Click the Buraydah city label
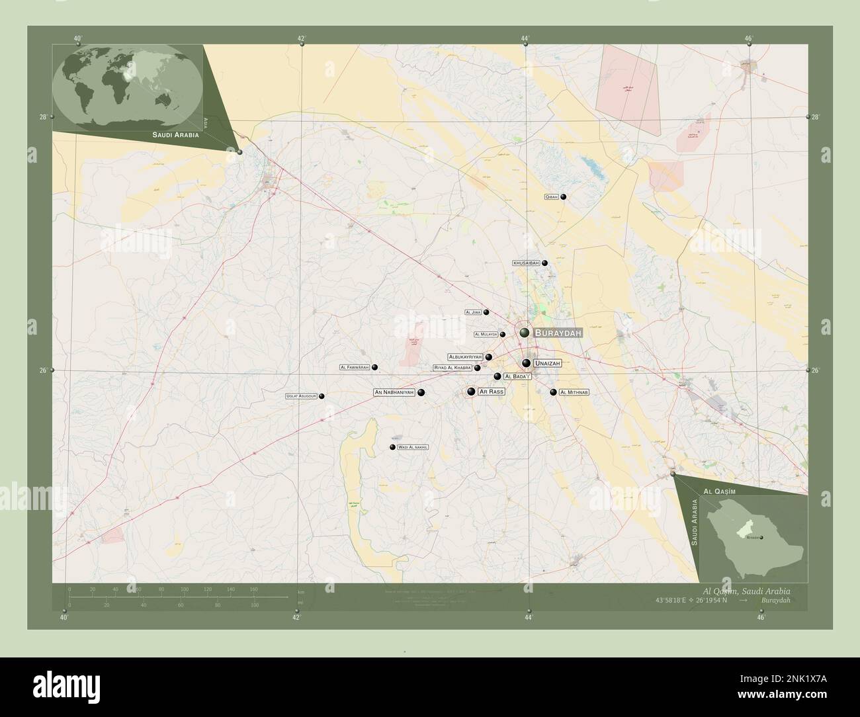(558, 333)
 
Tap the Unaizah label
(547, 363)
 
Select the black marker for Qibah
(564, 196)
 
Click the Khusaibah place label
(526, 263)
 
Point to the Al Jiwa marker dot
(486, 312)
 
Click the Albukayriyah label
(465, 357)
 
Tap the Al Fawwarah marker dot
(374, 367)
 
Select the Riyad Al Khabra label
(452, 368)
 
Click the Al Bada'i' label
(517, 376)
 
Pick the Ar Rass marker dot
(471, 392)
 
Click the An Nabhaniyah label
(394, 392)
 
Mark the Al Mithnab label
(574, 392)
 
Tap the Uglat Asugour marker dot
(322, 396)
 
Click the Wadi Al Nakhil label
(413, 448)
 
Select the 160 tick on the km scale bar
(253, 589)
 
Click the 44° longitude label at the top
(525, 38)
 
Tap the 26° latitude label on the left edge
(43, 370)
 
